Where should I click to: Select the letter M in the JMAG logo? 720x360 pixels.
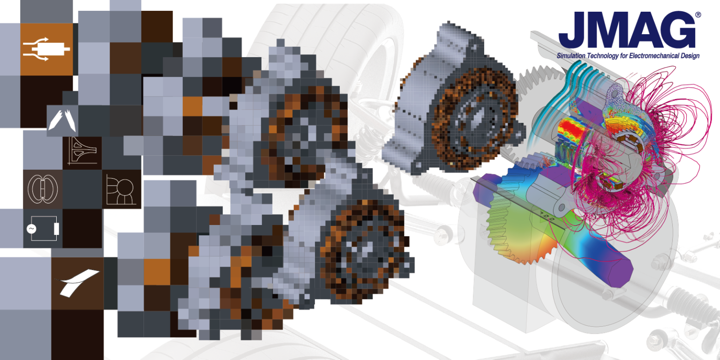[x=604, y=30]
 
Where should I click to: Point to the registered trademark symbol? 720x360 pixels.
[x=698, y=15]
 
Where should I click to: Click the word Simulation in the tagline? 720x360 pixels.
[x=571, y=56]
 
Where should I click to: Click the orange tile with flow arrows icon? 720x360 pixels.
[x=46, y=49]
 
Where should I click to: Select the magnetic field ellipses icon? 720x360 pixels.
[x=43, y=189]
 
